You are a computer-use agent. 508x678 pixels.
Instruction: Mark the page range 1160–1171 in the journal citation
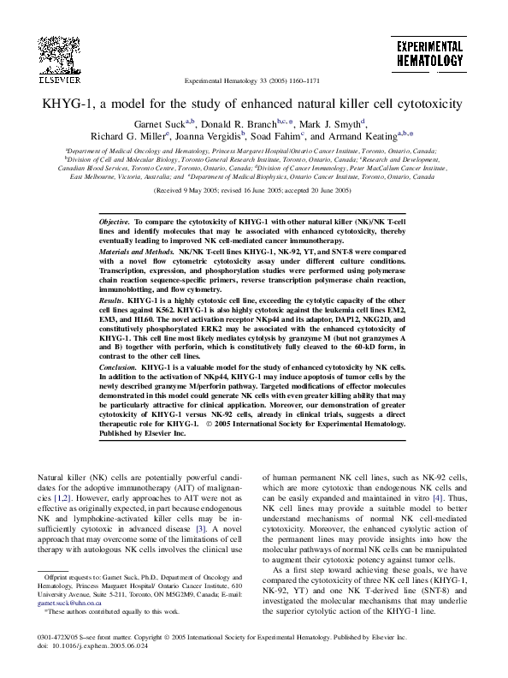click(299, 82)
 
